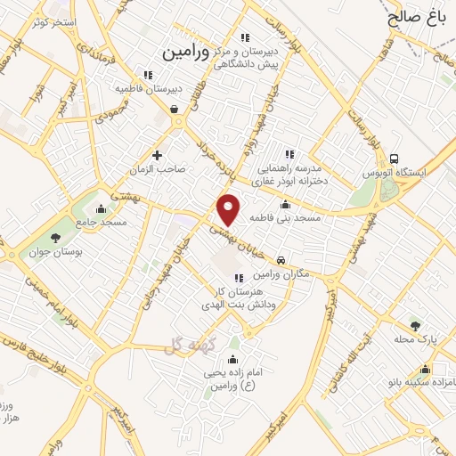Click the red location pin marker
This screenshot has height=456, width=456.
[229, 210]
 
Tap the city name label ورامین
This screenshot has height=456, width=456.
[187, 53]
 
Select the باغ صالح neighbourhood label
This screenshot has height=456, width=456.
[416, 15]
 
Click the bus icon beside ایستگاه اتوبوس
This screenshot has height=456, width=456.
[395, 153]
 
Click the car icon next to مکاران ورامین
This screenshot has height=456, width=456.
[281, 261]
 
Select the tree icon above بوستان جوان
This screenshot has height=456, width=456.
[55, 237]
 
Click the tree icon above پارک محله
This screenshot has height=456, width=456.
[415, 326]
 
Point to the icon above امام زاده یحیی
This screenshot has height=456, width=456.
[233, 359]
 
